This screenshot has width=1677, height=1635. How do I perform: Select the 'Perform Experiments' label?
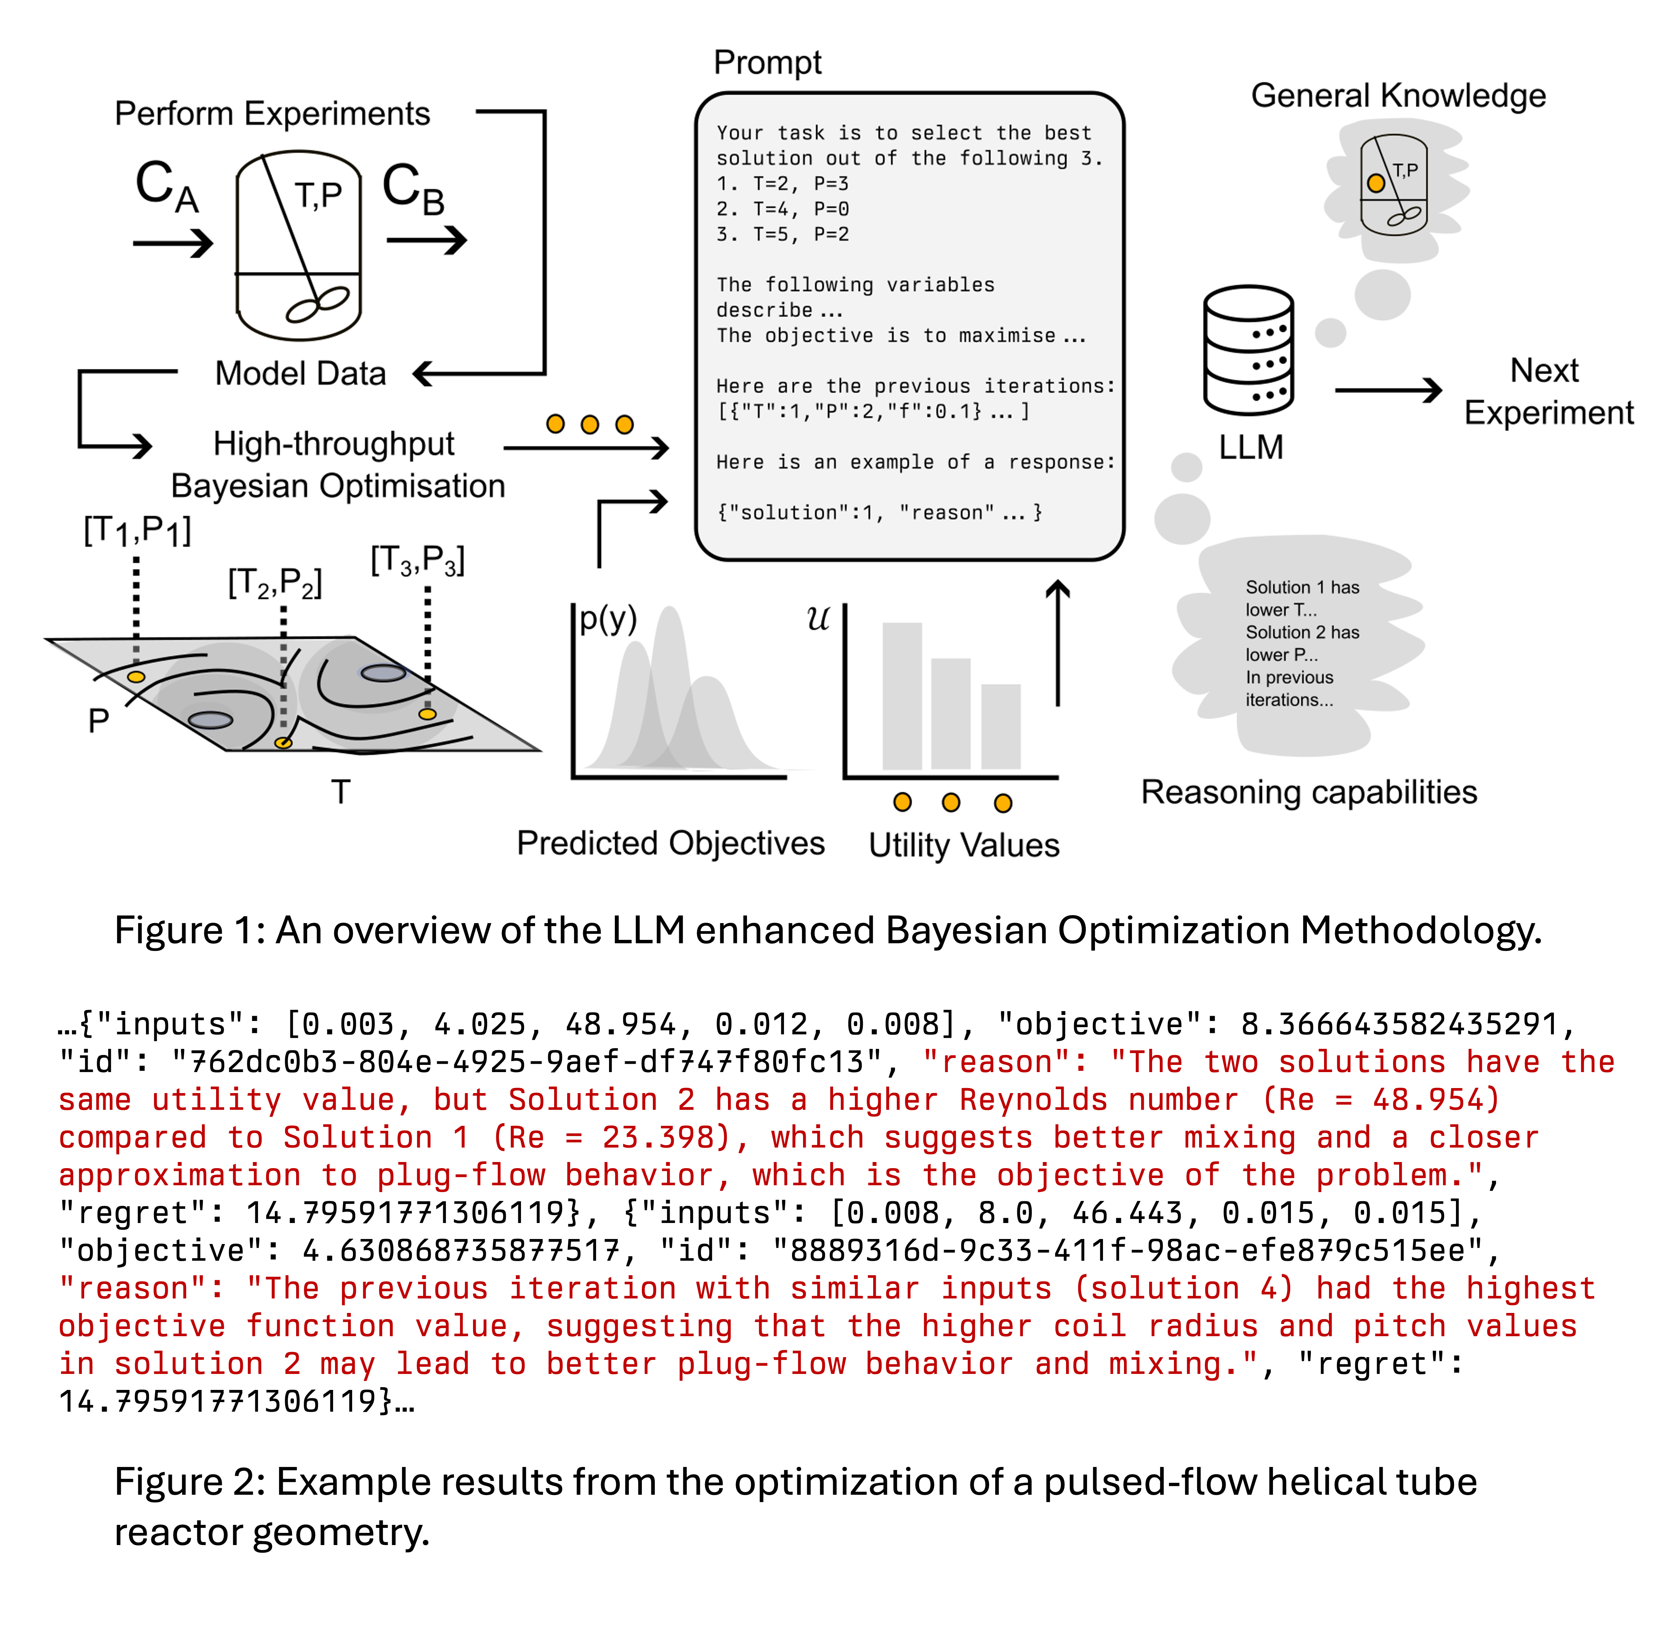coord(272,113)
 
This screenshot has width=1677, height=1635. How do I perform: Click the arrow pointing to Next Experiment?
coord(1387,391)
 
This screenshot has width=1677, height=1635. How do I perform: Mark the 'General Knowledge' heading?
coord(1398,95)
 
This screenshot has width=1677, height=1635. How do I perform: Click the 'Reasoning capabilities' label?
coord(1308,792)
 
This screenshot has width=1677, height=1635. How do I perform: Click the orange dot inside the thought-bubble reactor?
coord(1376,183)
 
